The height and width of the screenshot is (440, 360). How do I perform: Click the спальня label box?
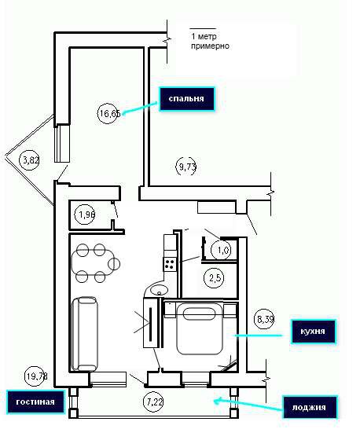pos(187,99)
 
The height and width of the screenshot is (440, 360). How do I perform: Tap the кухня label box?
pos(313,331)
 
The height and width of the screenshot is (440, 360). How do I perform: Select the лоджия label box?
pos(309,407)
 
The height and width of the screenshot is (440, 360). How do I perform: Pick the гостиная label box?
pos(35,401)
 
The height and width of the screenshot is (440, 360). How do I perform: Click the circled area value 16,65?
pos(109,113)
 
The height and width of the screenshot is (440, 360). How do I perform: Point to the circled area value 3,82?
pos(29,160)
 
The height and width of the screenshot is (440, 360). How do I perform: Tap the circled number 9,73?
pos(186,167)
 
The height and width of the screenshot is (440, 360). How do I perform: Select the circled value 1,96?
pos(85,214)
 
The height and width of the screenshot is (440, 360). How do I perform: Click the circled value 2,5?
pos(213,278)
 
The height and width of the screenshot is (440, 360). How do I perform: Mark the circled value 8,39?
pos(264,319)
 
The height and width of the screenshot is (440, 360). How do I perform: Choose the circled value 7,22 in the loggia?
pos(153,401)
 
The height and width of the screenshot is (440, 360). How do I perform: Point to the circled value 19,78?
pos(36,376)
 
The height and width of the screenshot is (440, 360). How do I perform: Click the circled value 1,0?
pos(223,250)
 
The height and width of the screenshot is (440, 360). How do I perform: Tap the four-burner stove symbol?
pos(170,264)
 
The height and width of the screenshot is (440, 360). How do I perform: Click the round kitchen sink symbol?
pos(159,289)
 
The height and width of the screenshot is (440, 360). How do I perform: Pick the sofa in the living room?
pos(84,334)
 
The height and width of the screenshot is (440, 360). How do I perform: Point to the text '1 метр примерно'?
pos(210,41)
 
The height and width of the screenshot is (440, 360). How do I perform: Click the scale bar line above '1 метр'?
pos(203,28)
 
